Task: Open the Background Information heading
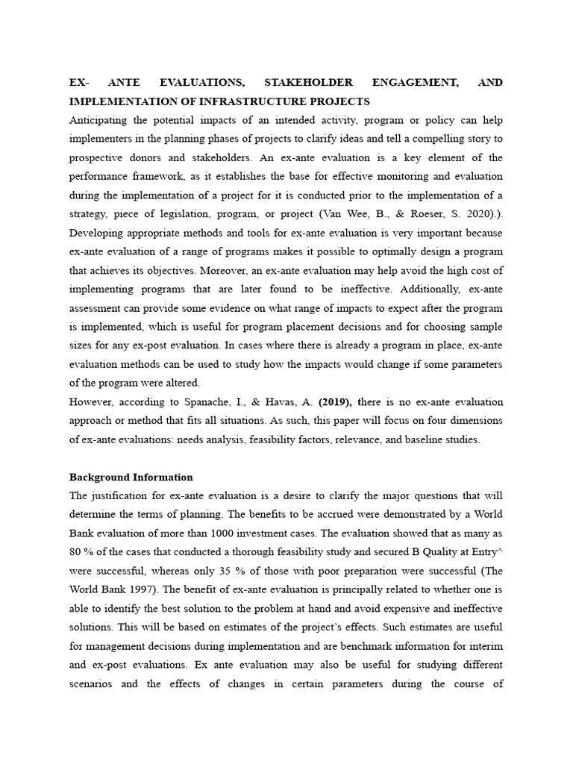point(131,477)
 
